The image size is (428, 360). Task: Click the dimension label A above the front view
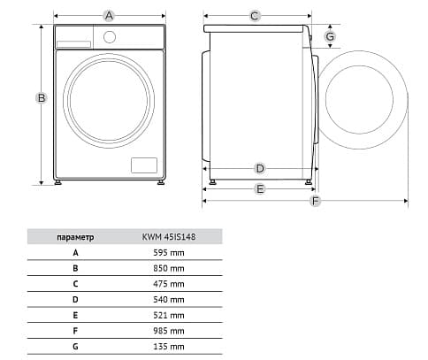[109, 16]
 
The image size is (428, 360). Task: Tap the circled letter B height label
[42, 97]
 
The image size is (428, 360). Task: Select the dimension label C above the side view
[255, 16]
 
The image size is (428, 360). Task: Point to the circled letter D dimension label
[260, 169]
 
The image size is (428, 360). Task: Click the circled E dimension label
[260, 188]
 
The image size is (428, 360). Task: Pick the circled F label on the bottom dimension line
[316, 201]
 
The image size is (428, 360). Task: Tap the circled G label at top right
[330, 36]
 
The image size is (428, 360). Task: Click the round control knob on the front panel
[110, 37]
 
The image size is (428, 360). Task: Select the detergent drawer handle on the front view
[73, 44]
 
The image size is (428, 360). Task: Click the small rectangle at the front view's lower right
[144, 165]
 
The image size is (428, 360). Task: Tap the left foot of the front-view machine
[58, 182]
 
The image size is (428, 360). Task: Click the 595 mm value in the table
[169, 253]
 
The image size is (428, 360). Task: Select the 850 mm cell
[169, 268]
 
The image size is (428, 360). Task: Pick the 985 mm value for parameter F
[169, 331]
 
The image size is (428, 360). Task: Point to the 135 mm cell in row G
[169, 347]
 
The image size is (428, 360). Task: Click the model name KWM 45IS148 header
[169, 237]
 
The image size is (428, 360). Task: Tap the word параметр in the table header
[75, 237]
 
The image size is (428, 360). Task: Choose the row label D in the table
[75, 300]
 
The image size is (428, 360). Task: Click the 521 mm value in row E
[169, 315]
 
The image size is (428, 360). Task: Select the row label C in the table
[75, 284]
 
